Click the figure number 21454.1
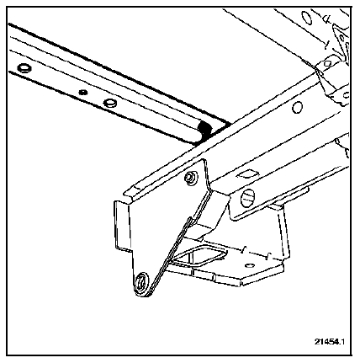[330, 342]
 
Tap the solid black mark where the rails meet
[204, 130]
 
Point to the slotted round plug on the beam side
[248, 196]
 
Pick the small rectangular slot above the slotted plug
[246, 173]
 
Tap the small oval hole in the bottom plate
[249, 265]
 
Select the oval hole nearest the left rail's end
[24, 67]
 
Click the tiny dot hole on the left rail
[82, 92]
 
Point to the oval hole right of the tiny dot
[109, 103]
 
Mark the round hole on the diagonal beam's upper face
[297, 107]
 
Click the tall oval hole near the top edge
[307, 19]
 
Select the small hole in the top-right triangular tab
[341, 38]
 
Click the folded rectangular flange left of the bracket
[121, 225]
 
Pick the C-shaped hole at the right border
[346, 95]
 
